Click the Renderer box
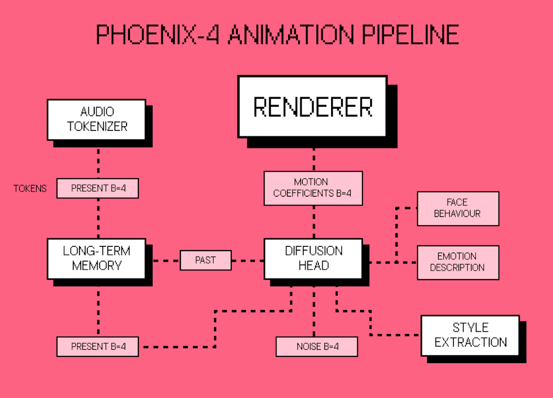coord(312,106)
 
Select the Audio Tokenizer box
coord(96,119)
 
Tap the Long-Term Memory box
coord(96,258)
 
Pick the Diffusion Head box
coord(313,258)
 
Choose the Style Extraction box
coord(470,335)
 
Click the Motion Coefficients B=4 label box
coord(313,188)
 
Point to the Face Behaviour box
coord(458,209)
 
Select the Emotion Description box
coord(458,262)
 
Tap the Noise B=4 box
coord(317,347)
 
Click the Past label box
coord(206,260)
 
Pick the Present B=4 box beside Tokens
coord(98,188)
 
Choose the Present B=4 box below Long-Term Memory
coord(98,347)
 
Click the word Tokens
coord(30,189)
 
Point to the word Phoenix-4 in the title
coord(157,35)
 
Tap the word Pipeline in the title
coord(410,35)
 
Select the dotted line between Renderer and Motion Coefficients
coord(314,160)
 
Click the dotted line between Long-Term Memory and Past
coord(166,261)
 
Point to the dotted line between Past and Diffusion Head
coord(248,261)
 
